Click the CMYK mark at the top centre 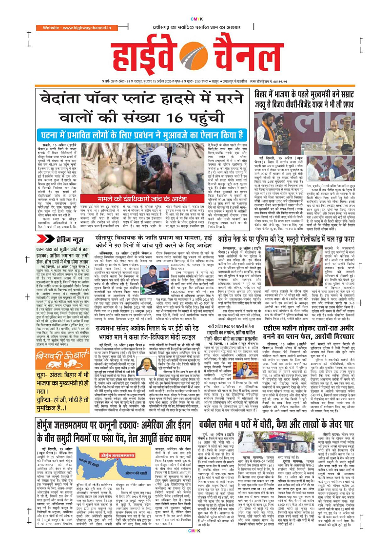tap(195, 6)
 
